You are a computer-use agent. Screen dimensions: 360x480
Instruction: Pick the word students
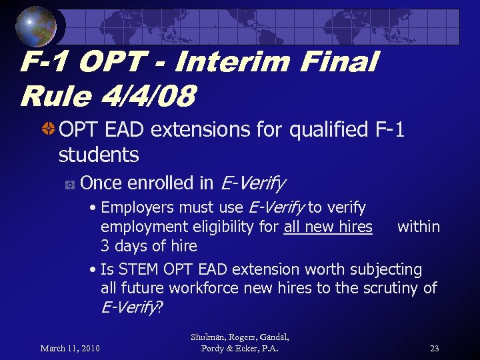tap(99, 155)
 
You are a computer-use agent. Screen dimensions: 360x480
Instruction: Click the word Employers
tap(141, 208)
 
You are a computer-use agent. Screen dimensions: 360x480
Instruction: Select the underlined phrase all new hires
tap(328, 227)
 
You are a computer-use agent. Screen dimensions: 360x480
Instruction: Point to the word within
tap(419, 227)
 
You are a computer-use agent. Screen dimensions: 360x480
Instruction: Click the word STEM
tap(137, 269)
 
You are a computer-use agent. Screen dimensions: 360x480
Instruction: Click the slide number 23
tap(434, 348)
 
